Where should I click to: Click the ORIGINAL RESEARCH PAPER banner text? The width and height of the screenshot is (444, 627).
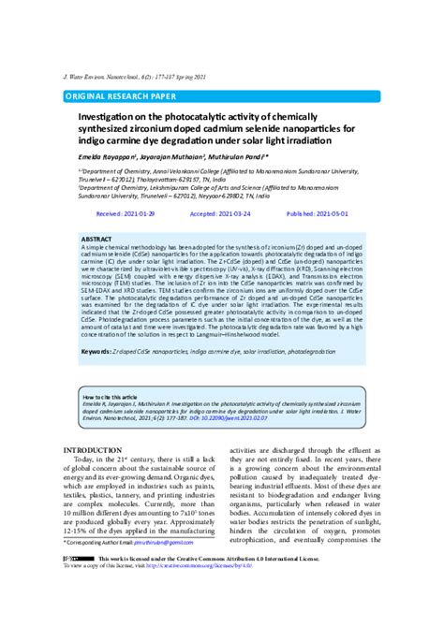(x=119, y=96)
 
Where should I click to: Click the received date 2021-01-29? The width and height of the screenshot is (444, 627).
(x=143, y=214)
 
